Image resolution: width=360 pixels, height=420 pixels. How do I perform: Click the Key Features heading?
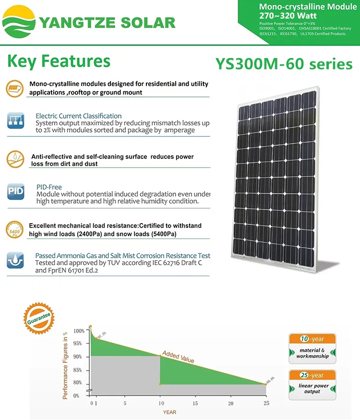coord(59,61)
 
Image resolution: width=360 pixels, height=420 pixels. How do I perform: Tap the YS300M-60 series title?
coord(284,64)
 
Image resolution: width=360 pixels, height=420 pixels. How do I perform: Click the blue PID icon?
coord(15,192)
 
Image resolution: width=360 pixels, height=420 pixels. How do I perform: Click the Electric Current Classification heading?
coord(78,116)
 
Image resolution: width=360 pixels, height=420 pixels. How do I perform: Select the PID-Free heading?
coord(49,187)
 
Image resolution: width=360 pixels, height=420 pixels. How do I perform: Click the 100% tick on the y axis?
coord(79,331)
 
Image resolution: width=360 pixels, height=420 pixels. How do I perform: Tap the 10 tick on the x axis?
coord(160,403)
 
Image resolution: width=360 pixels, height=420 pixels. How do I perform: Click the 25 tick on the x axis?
coord(265,403)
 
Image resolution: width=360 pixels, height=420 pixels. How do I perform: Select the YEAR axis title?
coord(169,412)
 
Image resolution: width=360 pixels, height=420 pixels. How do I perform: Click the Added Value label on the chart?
coord(178,357)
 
